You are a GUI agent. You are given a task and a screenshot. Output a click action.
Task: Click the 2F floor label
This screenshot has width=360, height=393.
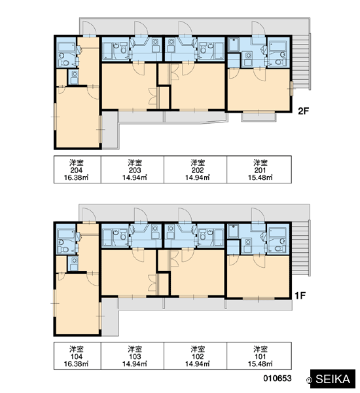coord(304,111)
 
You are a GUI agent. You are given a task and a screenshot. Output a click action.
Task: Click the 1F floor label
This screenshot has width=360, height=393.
coord(300,296)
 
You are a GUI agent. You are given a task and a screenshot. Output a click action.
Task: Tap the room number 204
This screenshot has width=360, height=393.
coord(77,170)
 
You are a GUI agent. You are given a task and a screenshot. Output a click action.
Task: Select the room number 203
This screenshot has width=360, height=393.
coord(135,170)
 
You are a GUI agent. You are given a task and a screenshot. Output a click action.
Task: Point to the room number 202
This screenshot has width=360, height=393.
coord(198,170)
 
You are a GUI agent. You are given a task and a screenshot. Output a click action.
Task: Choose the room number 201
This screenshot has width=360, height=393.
coord(261,170)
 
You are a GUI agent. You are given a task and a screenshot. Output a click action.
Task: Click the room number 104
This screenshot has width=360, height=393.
coord(77,356)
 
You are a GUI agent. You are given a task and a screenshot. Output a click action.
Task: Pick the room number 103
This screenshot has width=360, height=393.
coord(135,356)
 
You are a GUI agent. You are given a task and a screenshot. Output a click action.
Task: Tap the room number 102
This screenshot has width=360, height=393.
coord(198,356)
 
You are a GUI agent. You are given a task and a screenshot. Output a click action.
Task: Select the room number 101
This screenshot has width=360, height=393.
coord(261,356)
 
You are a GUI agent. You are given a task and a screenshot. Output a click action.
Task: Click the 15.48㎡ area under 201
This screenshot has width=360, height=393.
coord(261,178)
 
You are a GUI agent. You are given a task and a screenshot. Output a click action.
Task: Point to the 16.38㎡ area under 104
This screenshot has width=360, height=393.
coord(76,364)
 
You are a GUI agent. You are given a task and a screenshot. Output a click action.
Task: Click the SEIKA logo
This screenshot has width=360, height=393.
coord(333,379)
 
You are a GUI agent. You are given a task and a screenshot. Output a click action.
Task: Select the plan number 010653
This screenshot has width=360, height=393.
coord(278,378)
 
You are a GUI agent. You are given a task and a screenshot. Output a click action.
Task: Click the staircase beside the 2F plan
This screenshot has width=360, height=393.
coord(301,62)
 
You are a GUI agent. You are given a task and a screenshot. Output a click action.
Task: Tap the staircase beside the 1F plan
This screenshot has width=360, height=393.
coord(301,248)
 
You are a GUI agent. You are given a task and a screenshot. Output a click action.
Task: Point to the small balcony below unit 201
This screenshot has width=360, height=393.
coord(259,117)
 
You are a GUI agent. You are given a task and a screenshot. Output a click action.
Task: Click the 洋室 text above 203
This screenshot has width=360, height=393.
coord(135,162)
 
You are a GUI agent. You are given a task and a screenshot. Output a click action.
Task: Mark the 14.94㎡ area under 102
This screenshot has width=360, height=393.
coord(198,364)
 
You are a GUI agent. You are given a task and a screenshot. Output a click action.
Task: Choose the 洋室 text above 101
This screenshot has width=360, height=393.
coord(261,349)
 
